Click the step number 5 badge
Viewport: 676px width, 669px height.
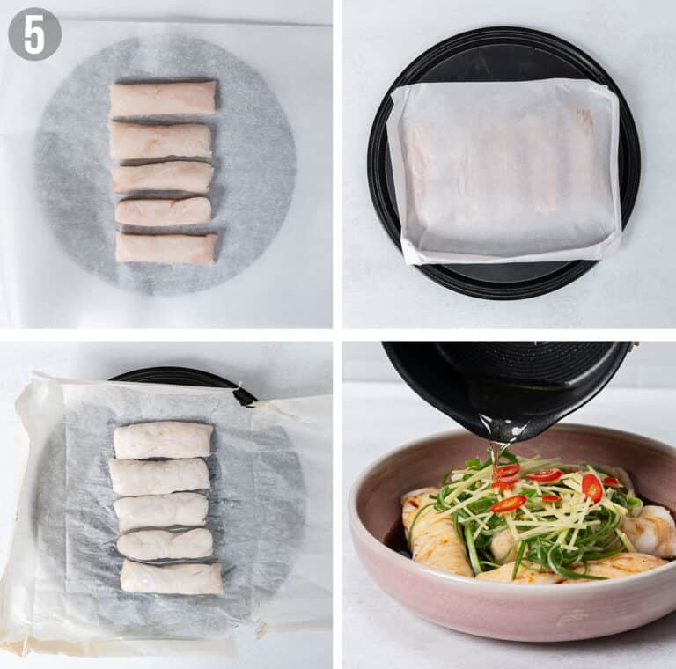click(x=34, y=34)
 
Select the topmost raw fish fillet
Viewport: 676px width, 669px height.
click(x=163, y=98)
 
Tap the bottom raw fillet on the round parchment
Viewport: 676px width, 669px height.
click(x=166, y=247)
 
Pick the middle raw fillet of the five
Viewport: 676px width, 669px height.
click(x=163, y=176)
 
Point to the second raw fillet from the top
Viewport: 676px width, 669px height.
click(x=160, y=140)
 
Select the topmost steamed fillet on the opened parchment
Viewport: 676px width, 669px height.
click(x=163, y=440)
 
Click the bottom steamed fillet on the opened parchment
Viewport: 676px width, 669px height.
click(x=172, y=577)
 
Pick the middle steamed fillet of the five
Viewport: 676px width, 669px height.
click(x=161, y=511)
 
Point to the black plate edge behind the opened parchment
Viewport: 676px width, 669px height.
click(x=176, y=376)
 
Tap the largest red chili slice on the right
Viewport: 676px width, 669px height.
click(x=592, y=487)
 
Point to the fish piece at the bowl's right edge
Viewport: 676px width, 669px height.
click(x=650, y=531)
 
